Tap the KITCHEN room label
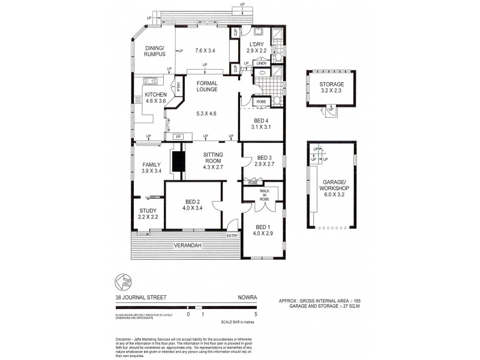[x=155, y=95]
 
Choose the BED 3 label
[x=264, y=157]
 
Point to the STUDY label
[x=148, y=211]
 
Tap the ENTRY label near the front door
[x=232, y=235]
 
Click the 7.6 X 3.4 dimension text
[x=205, y=50]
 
